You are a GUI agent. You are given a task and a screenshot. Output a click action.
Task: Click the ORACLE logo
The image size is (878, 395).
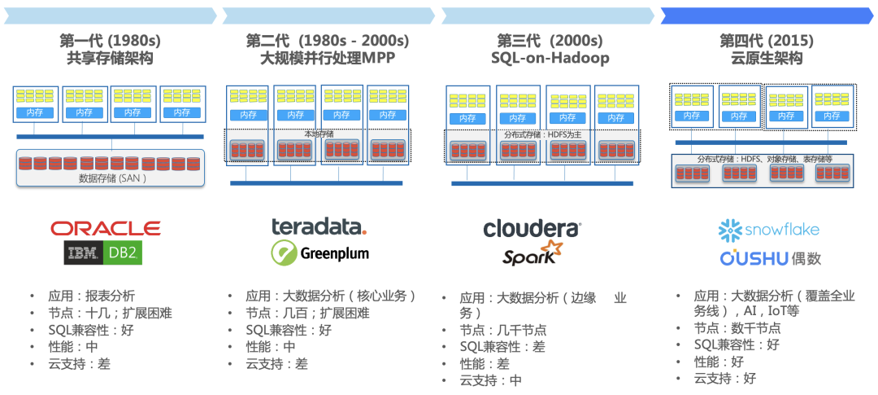pyautogui.click(x=106, y=228)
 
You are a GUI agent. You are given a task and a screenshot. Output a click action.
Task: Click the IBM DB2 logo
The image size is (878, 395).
pyautogui.click(x=105, y=253)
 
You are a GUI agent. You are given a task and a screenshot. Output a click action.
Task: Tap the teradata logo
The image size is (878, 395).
pyautogui.click(x=319, y=226)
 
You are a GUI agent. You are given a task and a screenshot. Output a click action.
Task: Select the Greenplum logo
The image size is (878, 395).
pyautogui.click(x=319, y=252)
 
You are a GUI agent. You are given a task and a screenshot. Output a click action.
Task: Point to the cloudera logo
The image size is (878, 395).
pyautogui.click(x=532, y=229)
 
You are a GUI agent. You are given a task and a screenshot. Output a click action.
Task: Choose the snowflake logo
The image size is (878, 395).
pyautogui.click(x=769, y=230)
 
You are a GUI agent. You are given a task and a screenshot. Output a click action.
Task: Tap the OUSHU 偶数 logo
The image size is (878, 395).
pyautogui.click(x=770, y=258)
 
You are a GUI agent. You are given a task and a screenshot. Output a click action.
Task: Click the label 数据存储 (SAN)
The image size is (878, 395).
pyautogui.click(x=112, y=178)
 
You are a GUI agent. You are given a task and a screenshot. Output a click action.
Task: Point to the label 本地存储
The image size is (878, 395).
pyautogui.click(x=319, y=133)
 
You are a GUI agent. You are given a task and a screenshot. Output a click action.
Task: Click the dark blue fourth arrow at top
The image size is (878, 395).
pyautogui.click(x=767, y=15)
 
